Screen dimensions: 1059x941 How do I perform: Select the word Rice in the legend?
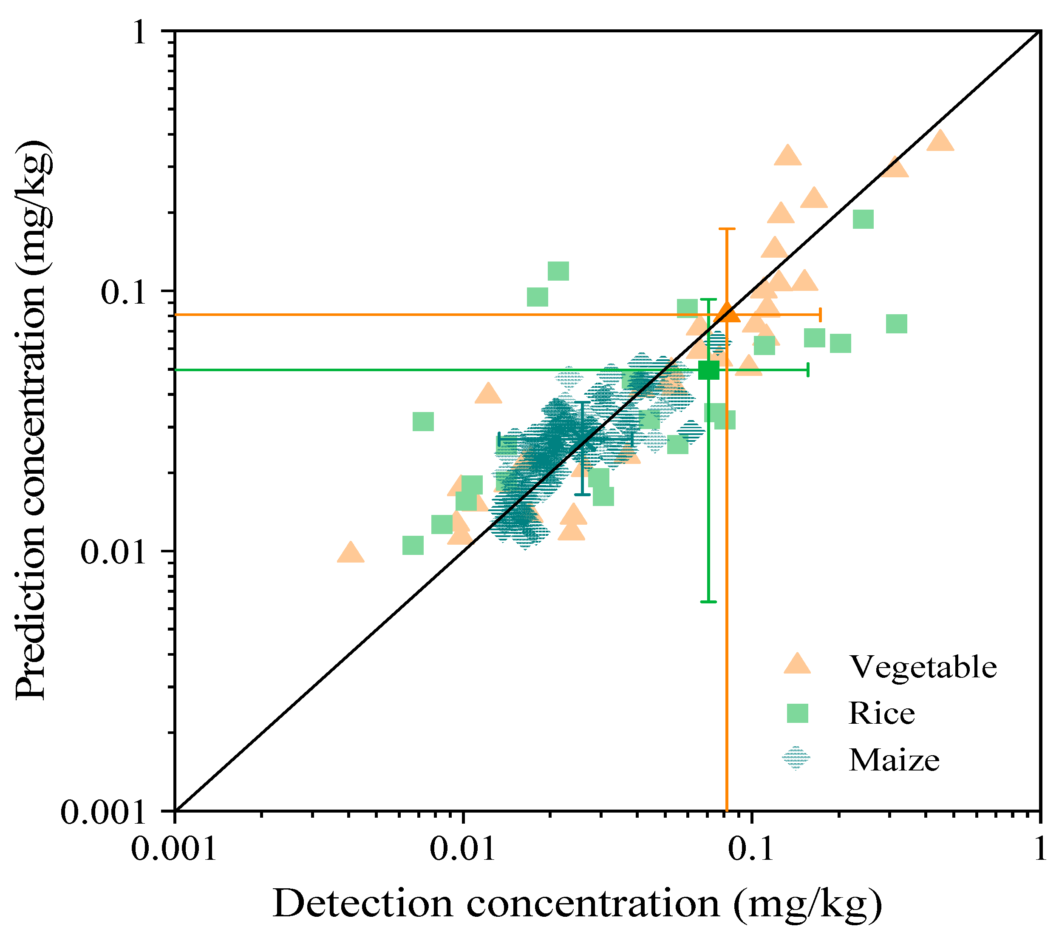point(881,714)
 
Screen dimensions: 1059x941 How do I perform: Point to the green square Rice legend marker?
point(797,714)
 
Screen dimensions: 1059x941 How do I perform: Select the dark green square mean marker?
point(709,370)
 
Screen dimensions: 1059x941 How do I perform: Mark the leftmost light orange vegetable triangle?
point(350,552)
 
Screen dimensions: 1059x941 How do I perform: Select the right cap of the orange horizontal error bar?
point(820,315)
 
